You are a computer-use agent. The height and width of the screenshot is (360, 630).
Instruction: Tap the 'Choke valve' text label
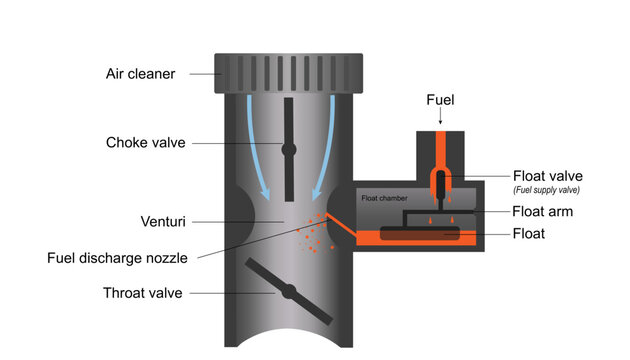point(145,142)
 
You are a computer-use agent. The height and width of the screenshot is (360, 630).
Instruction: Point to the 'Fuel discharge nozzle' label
point(117,257)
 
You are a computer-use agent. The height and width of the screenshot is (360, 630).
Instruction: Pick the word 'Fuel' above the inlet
point(440,101)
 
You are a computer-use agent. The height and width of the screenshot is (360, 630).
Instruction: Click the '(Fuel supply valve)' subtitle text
point(549,190)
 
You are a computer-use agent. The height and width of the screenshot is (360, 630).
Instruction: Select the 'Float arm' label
point(542,211)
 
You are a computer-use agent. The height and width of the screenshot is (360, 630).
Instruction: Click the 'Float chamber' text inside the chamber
point(384,199)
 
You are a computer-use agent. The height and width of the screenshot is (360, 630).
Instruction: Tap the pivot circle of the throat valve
point(287,293)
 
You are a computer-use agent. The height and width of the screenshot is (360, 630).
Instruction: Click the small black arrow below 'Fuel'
point(440,118)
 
